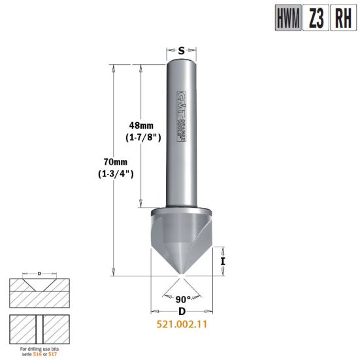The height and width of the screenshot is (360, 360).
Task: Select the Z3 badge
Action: (x=316, y=18)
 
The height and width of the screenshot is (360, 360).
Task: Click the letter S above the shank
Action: (x=182, y=49)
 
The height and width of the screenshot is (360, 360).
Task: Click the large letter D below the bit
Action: (x=182, y=313)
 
